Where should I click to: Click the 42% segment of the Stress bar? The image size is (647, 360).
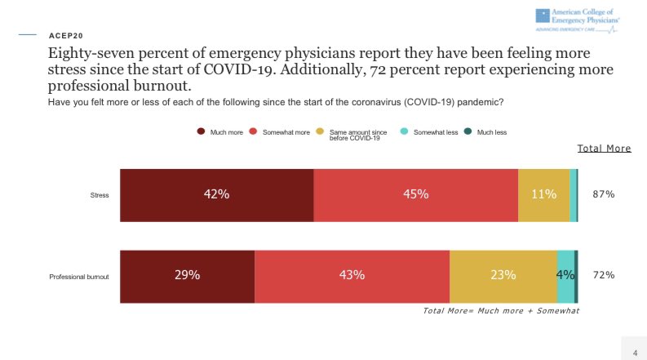tap(216, 195)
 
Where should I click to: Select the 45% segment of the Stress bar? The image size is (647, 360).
tap(415, 195)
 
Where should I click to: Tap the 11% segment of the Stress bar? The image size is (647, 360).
tap(543, 195)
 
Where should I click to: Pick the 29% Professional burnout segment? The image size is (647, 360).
tap(188, 276)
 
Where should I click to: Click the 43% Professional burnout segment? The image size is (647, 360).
tap(352, 276)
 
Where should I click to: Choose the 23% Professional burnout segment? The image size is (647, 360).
tap(503, 276)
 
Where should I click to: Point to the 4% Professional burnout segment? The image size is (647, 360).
tap(565, 276)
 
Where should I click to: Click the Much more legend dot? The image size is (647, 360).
tap(200, 131)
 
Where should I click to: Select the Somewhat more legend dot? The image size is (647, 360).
tap(254, 131)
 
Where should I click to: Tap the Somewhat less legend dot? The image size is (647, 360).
tap(405, 131)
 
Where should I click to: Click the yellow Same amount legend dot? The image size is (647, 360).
tap(321, 131)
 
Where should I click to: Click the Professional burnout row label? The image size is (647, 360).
tap(80, 277)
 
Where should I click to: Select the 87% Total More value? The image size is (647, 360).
tap(603, 195)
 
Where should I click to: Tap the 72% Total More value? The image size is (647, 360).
tap(603, 276)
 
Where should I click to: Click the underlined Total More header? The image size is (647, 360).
tap(605, 149)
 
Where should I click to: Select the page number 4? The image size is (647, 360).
tap(635, 352)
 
